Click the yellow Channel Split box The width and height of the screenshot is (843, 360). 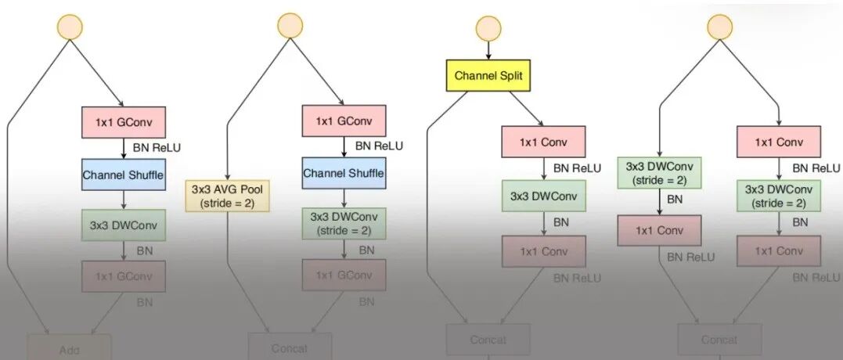pos(488,77)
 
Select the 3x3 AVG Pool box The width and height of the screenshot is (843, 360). pos(226,196)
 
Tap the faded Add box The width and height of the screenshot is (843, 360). pos(70,349)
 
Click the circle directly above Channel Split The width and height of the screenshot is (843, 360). pos(488,29)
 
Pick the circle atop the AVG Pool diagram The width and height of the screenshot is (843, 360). pos(290,25)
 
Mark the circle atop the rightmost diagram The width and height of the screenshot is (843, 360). pos(719,27)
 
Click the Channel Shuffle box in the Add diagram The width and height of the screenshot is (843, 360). pos(123,175)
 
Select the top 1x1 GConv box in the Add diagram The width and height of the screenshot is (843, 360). pos(123,122)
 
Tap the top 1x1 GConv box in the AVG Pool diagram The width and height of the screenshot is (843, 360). pos(344,121)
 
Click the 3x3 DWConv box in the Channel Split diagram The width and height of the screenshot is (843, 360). pos(543,196)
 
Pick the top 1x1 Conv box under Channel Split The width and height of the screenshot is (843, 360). pos(543,142)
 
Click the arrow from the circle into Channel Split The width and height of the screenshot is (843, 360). pos(488,51)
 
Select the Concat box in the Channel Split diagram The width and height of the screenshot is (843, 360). pos(488,340)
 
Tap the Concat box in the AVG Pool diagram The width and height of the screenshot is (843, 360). pos(290,347)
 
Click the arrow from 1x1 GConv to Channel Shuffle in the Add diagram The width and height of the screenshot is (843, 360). pos(123,149)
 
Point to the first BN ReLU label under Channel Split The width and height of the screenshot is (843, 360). pos(577,168)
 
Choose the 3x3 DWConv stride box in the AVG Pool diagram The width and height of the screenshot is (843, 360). pos(344,223)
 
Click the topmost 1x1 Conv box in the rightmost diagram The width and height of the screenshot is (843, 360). pos(779,142)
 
